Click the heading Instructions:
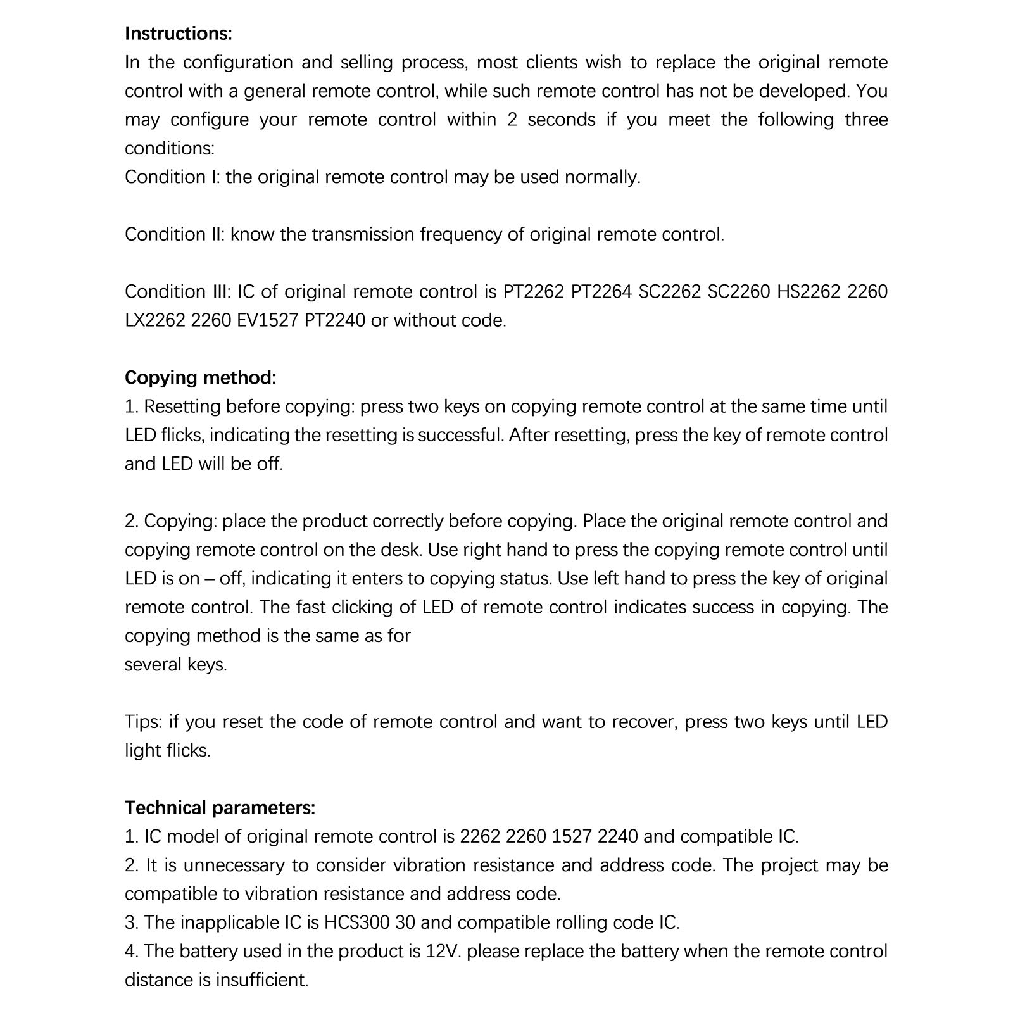[179, 34]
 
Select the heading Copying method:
[200, 377]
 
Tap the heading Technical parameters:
[220, 808]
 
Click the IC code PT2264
[601, 292]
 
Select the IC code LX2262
[154, 320]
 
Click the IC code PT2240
[334, 320]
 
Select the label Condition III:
[178, 292]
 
